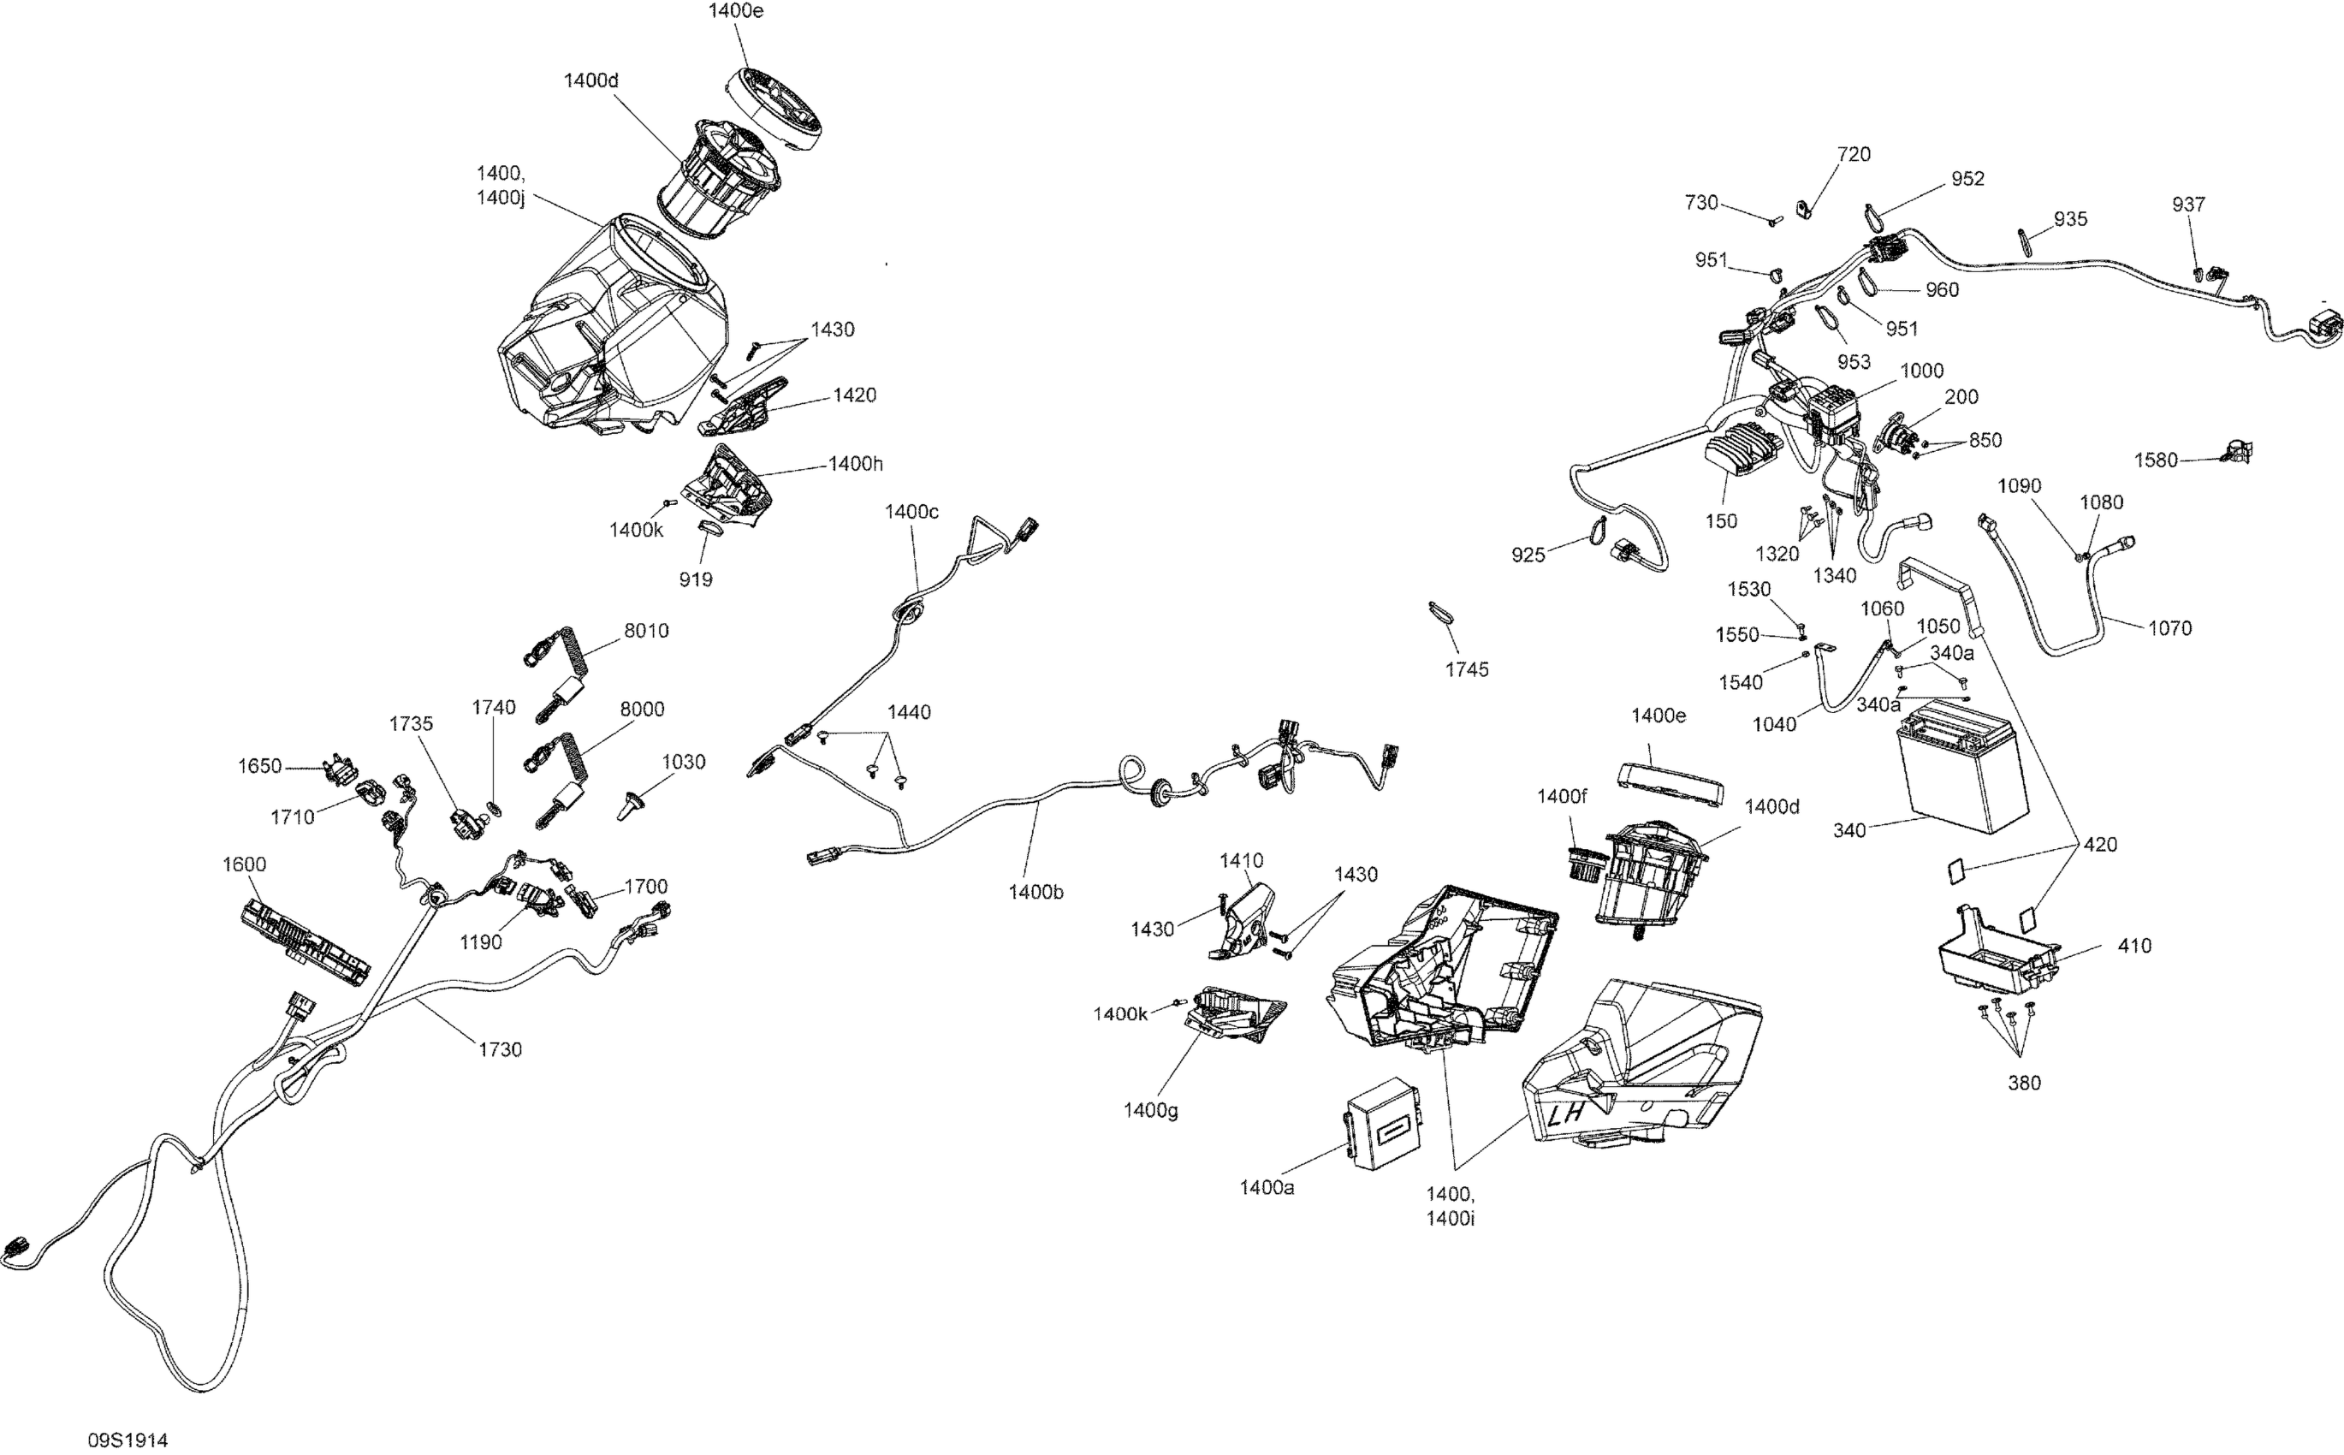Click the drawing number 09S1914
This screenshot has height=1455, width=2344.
(x=128, y=1440)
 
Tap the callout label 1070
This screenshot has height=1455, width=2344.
(x=2169, y=628)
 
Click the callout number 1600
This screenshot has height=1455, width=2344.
(x=245, y=864)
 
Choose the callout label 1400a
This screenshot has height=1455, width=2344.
(x=1267, y=1187)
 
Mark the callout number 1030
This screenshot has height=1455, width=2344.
(x=683, y=762)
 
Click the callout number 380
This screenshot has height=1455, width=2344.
(x=2024, y=1083)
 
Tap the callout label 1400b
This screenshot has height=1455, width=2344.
(x=1036, y=892)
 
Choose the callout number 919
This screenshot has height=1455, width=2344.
(x=696, y=579)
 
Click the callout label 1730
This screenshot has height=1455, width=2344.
(x=500, y=1050)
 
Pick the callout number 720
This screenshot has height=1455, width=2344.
(x=1854, y=155)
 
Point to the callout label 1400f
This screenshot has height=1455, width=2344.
(x=1561, y=796)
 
